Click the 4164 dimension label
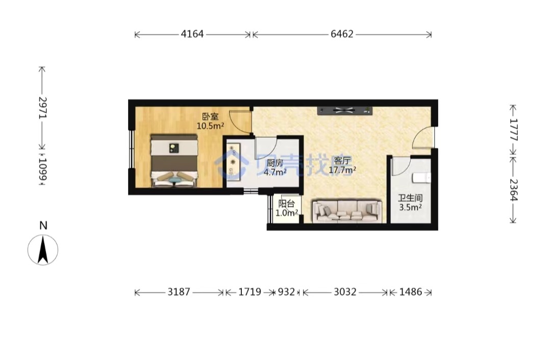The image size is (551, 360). click(192, 34)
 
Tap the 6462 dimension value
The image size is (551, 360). click(342, 34)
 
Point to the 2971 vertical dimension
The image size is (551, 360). click(42, 108)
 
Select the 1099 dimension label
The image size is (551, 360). click(42, 169)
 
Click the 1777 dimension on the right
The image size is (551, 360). click(513, 130)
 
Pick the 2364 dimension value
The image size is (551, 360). click(513, 190)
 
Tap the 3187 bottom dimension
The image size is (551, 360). click(179, 292)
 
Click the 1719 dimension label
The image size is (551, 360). click(250, 292)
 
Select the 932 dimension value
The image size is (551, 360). click(286, 292)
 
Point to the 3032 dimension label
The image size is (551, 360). click(345, 292)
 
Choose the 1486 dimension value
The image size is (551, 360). click(410, 292)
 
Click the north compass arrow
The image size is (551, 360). click(43, 250)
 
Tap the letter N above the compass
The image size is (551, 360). click(43, 225)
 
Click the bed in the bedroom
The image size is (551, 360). click(174, 161)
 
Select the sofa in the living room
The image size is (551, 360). click(347, 211)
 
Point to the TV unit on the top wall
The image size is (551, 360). click(345, 111)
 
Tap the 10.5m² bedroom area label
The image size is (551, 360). click(210, 126)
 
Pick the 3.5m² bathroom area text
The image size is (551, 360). click(410, 207)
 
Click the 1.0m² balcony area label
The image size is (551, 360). click(287, 213)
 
